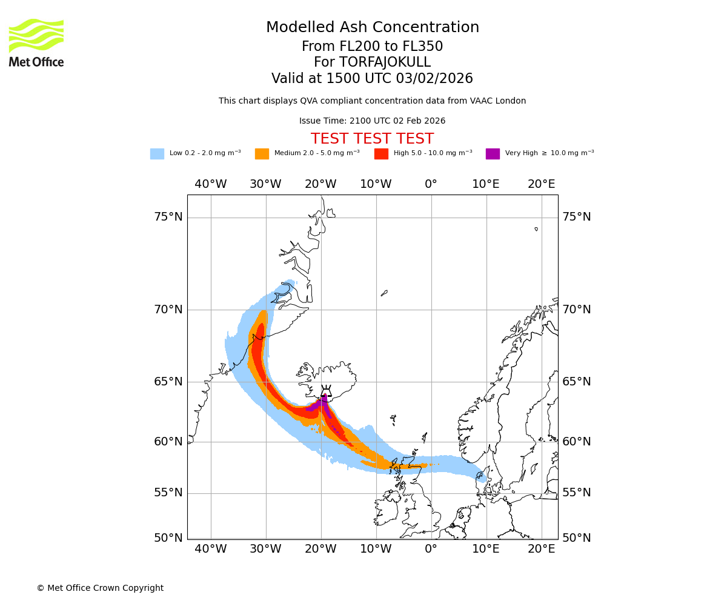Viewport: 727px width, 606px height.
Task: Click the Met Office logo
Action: [x=36, y=42]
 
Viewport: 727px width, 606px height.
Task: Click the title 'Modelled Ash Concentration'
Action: [x=373, y=28]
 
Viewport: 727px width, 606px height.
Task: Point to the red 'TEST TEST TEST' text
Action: [x=372, y=139]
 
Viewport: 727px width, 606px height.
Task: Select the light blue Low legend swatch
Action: [x=157, y=154]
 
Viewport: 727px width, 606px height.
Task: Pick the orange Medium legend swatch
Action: [x=262, y=154]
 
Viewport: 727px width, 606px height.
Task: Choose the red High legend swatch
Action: [x=381, y=154]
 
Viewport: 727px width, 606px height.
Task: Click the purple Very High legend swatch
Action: [x=493, y=154]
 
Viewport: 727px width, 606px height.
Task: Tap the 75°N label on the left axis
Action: [x=168, y=217]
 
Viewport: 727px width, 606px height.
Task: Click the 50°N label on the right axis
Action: [x=576, y=538]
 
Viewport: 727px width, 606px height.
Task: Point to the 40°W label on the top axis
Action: [x=211, y=184]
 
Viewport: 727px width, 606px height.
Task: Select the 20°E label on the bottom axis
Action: [x=541, y=549]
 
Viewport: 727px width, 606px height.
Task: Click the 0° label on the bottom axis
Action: [x=431, y=549]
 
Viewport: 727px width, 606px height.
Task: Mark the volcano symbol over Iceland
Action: [x=326, y=391]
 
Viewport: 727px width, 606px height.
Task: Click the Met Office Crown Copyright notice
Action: [x=100, y=588]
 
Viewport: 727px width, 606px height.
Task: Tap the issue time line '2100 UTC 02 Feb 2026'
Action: [x=372, y=121]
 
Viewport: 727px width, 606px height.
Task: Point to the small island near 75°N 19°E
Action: [x=536, y=229]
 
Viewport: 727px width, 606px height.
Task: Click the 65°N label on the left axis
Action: [x=168, y=382]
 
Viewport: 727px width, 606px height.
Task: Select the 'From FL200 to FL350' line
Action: [x=372, y=47]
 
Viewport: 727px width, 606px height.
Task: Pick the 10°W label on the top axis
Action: [x=376, y=184]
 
